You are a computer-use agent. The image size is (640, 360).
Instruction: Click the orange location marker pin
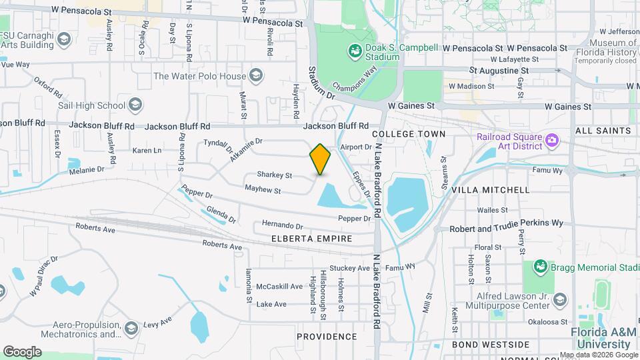coord(321,159)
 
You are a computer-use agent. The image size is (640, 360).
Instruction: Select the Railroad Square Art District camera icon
coord(551,140)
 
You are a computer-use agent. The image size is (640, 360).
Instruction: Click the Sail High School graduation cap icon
coord(135,105)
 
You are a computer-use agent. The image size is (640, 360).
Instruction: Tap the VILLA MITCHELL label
coord(491,190)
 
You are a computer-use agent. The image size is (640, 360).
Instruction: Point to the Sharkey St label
coord(275,176)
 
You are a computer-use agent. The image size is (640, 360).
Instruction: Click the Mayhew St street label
coord(263,191)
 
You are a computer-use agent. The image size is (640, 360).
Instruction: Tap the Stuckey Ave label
coord(349,268)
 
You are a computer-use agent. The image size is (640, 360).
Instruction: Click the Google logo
coord(22,351)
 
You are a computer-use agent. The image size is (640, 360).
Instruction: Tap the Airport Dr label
coord(355,147)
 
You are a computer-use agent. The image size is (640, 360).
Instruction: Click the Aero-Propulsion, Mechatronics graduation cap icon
coord(131,328)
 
